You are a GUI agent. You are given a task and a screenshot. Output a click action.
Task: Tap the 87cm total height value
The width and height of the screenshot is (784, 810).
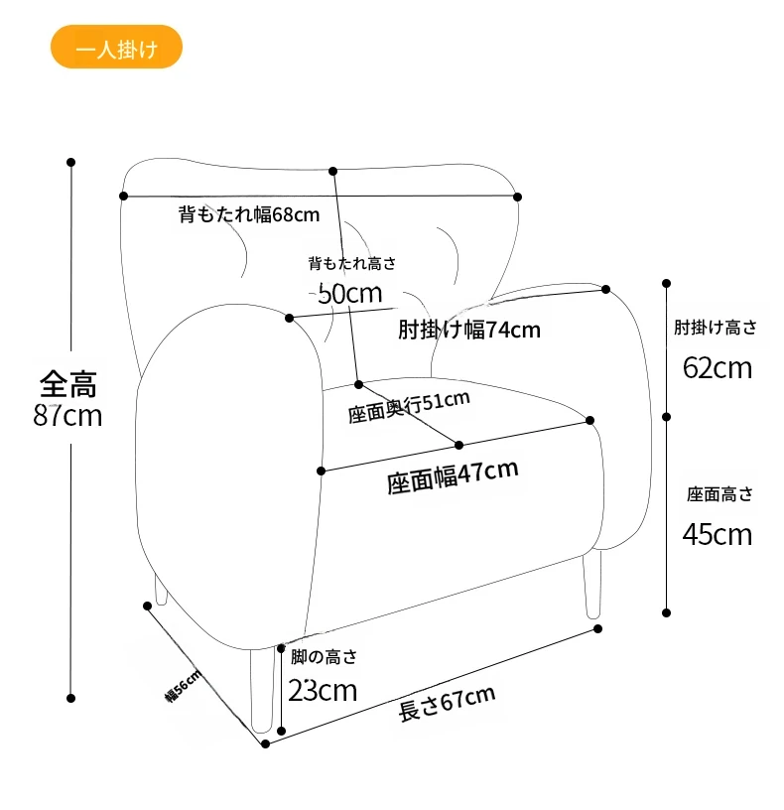pos(67,415)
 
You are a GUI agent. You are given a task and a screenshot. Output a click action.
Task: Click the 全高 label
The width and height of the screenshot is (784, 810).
pos(68,382)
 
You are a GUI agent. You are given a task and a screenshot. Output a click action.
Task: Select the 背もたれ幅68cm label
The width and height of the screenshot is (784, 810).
pos(249,213)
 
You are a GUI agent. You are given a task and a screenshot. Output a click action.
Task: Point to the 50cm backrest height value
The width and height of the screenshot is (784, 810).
pos(349,294)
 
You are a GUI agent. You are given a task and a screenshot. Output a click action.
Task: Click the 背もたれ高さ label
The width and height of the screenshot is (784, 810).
pos(351,263)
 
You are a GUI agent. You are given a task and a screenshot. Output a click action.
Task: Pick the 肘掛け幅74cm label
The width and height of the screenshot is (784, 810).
pos(468,329)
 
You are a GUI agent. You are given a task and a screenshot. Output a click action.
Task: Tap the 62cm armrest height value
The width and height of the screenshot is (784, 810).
pos(718,367)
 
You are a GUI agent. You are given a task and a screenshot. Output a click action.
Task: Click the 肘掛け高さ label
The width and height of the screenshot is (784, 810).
pos(715,327)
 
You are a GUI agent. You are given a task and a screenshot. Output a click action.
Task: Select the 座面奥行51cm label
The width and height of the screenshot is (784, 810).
pos(408,407)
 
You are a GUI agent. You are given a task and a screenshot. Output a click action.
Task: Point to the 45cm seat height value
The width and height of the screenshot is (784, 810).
pos(718,534)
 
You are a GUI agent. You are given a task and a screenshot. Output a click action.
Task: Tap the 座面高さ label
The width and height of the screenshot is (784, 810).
pos(719,493)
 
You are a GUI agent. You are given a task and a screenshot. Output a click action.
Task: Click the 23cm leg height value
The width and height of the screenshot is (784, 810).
pos(323,690)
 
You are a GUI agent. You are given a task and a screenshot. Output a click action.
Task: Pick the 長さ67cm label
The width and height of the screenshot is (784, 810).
pos(447,704)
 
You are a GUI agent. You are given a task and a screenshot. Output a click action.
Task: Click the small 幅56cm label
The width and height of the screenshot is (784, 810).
pos(184,685)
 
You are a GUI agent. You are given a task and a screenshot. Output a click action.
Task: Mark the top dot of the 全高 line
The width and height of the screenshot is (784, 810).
pos(70,161)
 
